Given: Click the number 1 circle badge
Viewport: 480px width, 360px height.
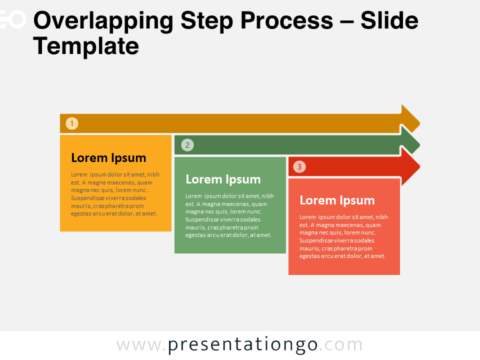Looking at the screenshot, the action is click(72, 123).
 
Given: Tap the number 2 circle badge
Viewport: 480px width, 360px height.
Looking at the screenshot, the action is click(187, 145).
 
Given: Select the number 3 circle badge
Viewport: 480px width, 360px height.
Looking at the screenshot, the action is click(299, 167).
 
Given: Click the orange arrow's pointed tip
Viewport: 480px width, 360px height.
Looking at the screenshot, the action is click(419, 123).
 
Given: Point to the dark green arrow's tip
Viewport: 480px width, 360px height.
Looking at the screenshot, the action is click(419, 145).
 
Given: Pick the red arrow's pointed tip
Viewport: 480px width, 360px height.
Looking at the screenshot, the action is click(419, 167).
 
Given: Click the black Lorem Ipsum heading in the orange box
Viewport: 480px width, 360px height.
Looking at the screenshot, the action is click(108, 158).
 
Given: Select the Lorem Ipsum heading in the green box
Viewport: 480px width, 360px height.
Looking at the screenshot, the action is click(223, 179).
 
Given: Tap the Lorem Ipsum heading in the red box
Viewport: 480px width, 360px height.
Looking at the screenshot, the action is click(337, 201).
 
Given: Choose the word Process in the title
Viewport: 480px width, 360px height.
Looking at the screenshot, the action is click(286, 21).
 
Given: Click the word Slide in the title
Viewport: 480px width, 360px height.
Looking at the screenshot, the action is click(389, 20).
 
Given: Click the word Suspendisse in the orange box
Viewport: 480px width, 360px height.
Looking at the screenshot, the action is click(88, 198).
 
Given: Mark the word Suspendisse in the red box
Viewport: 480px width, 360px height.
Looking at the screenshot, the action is click(317, 241).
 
